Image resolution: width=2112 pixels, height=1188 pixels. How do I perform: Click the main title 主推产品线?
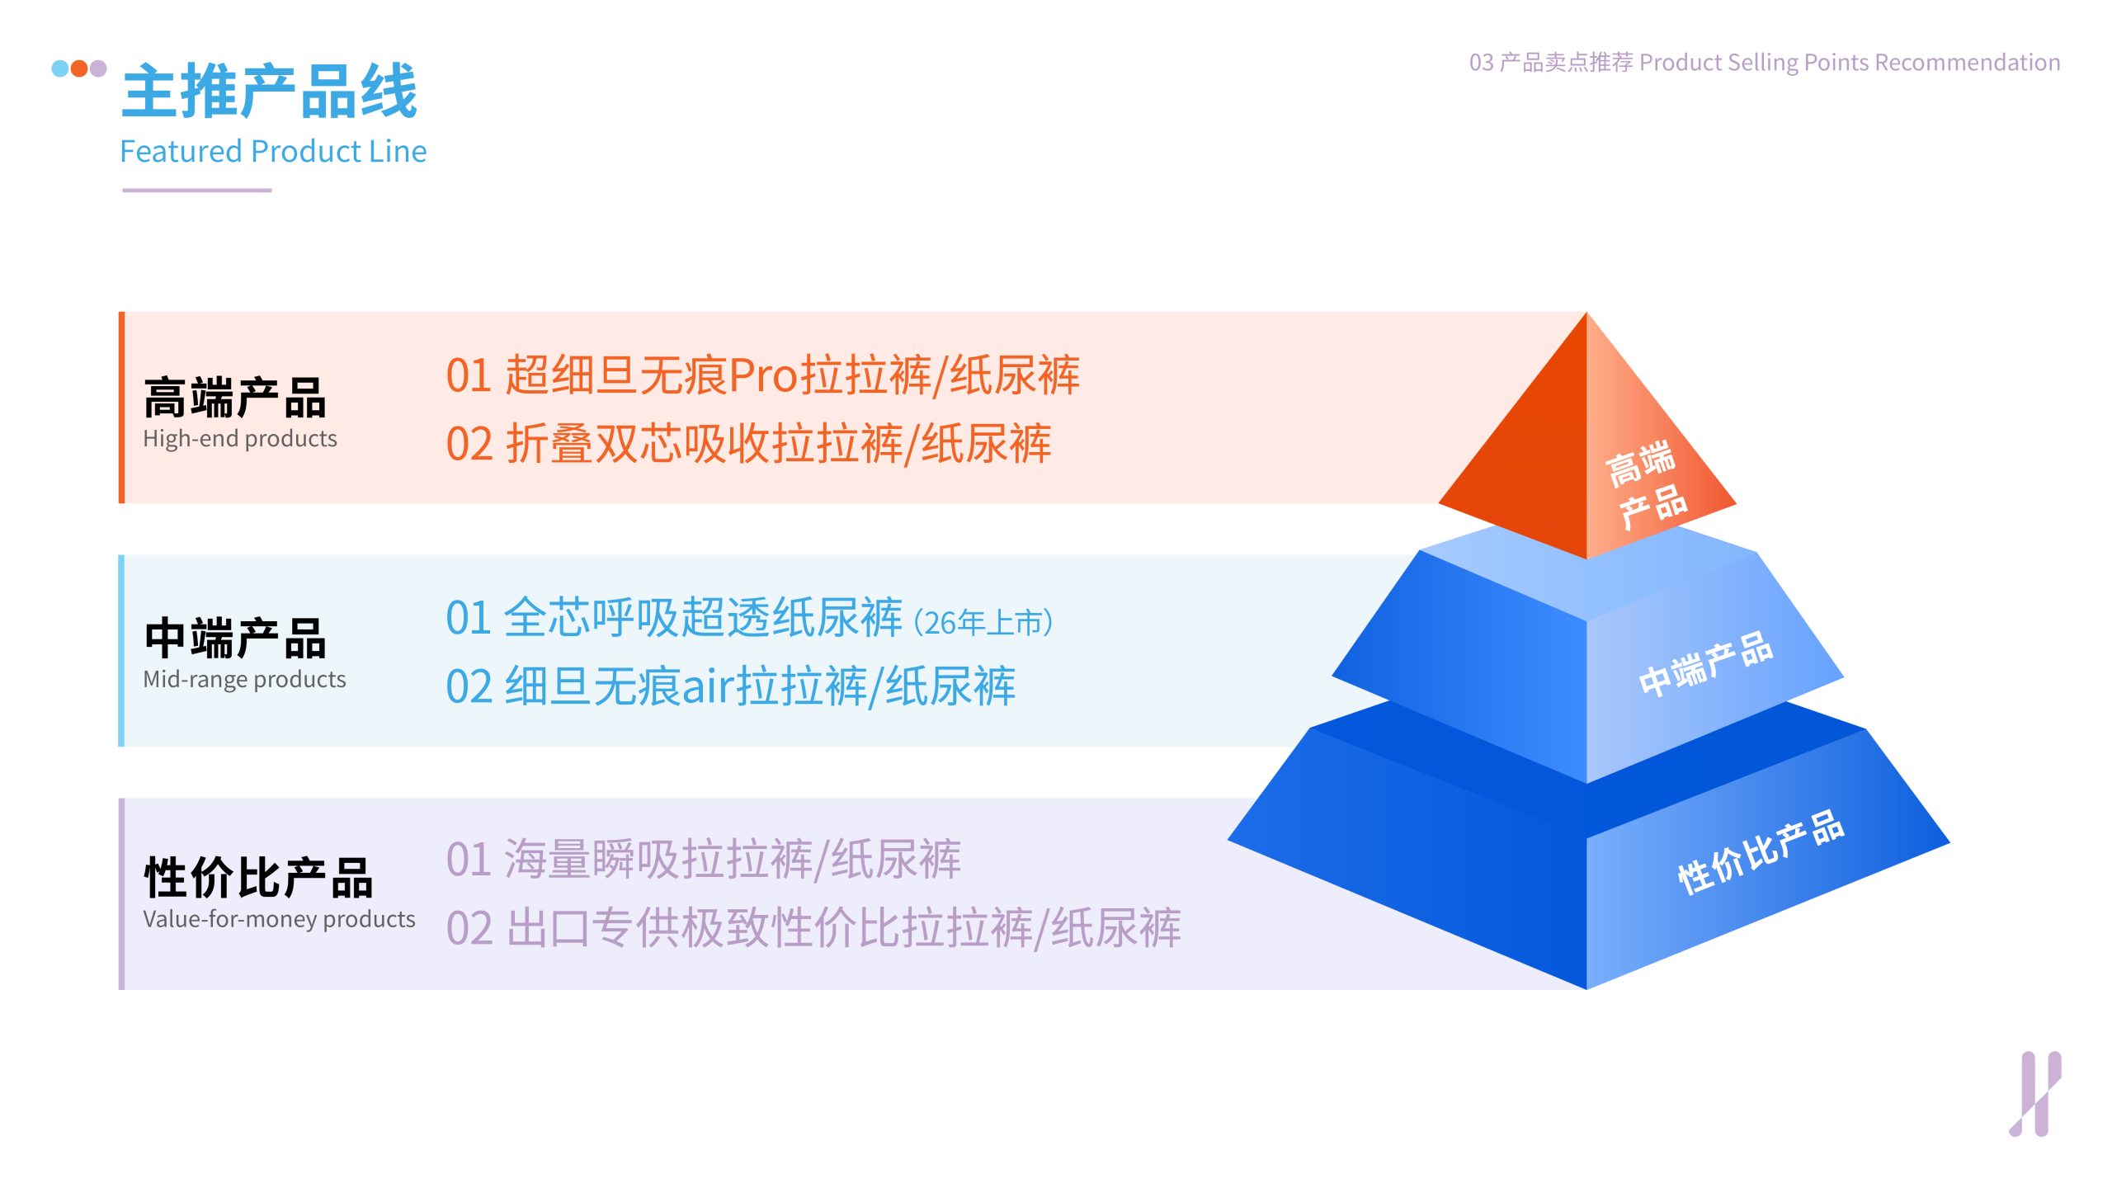click(270, 91)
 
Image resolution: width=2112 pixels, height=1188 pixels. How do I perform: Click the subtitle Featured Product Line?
click(273, 152)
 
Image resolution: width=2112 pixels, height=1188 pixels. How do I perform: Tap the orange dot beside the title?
click(79, 68)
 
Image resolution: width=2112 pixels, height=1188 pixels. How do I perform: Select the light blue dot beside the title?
click(60, 68)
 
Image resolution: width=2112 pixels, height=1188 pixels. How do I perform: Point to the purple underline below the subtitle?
click(197, 191)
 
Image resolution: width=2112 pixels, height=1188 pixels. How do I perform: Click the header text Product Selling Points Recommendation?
click(1850, 63)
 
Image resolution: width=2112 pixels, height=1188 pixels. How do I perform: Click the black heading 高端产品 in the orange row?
click(235, 398)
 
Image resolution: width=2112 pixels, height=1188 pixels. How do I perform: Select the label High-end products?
click(240, 438)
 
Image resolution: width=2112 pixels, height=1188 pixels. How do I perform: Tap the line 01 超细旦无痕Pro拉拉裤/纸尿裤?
click(762, 375)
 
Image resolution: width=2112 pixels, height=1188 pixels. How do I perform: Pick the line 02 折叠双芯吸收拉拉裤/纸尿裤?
click(748, 444)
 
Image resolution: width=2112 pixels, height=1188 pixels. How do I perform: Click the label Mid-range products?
click(244, 679)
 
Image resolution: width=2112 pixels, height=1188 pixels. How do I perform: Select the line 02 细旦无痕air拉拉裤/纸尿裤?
click(730, 686)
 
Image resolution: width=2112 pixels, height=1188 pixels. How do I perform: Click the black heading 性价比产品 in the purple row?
click(258, 877)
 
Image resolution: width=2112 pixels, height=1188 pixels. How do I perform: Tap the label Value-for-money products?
click(279, 919)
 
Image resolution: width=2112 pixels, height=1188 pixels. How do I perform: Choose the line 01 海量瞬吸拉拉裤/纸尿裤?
click(703, 860)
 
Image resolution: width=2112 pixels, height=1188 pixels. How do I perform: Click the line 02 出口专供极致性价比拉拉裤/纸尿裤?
click(813, 928)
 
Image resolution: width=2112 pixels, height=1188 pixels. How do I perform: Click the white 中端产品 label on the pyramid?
click(1705, 664)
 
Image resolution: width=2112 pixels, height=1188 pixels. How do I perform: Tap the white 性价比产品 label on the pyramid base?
click(1761, 853)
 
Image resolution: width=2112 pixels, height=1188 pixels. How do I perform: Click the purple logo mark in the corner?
click(2035, 1094)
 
